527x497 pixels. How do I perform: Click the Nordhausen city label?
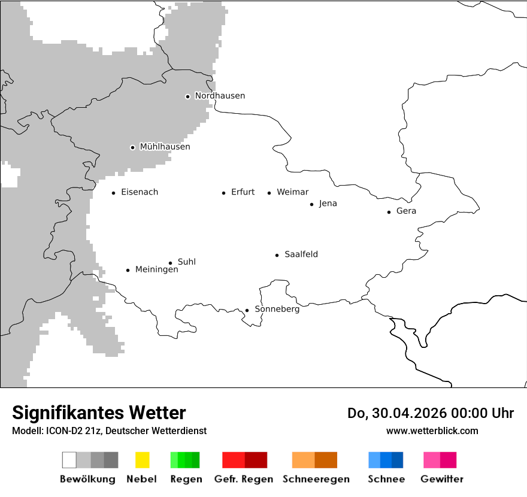tap(220, 96)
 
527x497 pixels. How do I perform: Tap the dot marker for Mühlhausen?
tap(132, 147)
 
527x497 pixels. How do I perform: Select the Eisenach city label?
tap(140, 192)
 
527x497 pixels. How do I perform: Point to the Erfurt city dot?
tap(223, 193)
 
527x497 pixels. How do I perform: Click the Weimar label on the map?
tap(292, 192)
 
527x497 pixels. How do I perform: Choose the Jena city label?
tap(328, 204)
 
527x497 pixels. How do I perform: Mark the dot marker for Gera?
tap(389, 212)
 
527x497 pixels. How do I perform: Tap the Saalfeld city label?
tap(301, 254)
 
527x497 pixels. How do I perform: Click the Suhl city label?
tap(186, 262)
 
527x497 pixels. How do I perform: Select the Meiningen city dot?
tap(128, 270)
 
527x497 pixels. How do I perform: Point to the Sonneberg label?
tap(277, 310)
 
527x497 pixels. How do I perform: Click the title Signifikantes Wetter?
tap(99, 413)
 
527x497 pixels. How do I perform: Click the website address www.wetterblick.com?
tap(432, 431)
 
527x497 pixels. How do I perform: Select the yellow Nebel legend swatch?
tap(142, 460)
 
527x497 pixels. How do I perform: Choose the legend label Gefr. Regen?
tap(243, 479)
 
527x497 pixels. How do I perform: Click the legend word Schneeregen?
tap(316, 479)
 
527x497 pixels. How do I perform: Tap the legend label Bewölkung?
tap(87, 479)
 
